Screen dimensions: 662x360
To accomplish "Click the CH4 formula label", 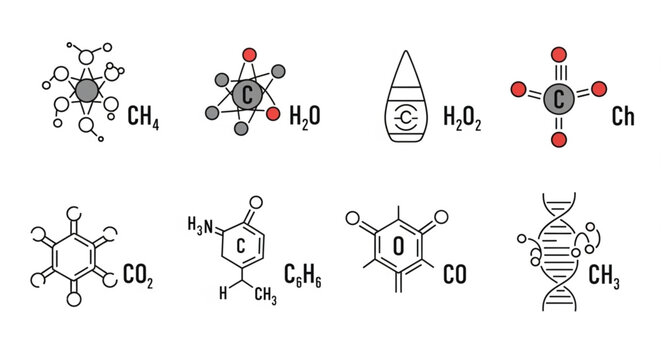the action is (x=144, y=119).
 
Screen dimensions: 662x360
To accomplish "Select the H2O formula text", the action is (x=305, y=117).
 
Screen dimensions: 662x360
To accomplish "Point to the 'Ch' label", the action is (x=623, y=117).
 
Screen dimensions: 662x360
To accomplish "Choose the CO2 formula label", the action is (x=137, y=271).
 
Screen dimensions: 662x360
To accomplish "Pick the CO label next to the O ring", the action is (x=455, y=271).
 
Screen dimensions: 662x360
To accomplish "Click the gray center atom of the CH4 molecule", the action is (x=88, y=93).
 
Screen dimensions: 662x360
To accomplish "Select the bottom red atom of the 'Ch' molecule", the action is (x=559, y=139).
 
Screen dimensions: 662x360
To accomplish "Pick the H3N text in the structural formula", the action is (x=201, y=223).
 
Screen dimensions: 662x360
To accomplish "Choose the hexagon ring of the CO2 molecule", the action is (x=74, y=256).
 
